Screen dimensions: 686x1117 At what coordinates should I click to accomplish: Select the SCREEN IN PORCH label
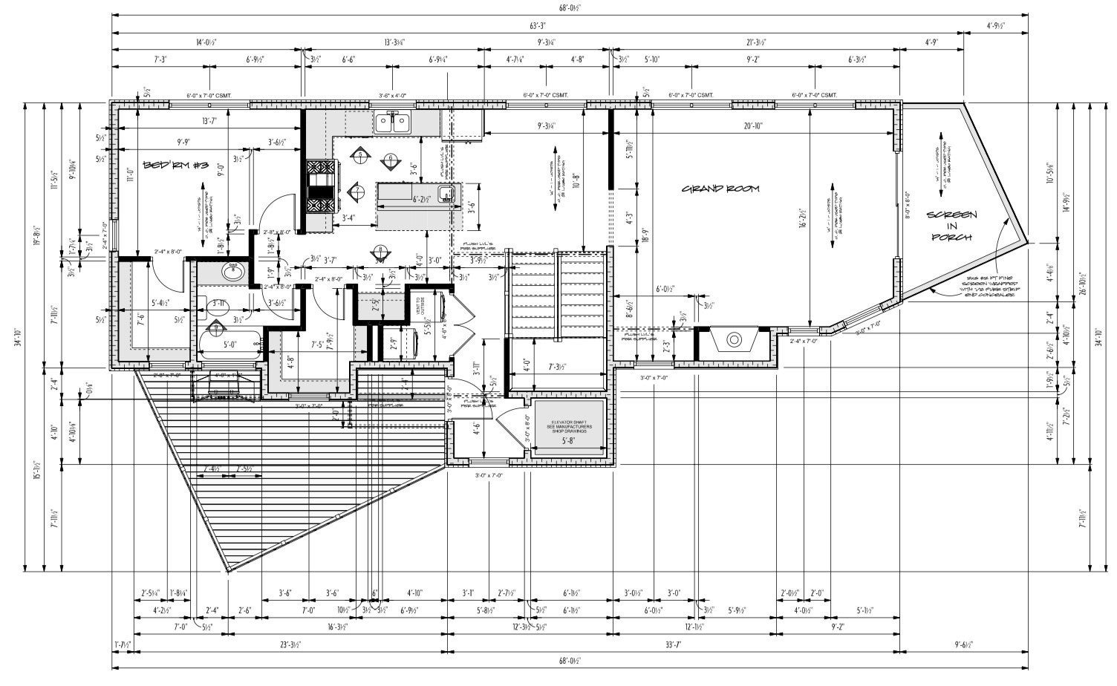[951, 226]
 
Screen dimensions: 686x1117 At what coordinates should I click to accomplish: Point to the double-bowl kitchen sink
[394, 122]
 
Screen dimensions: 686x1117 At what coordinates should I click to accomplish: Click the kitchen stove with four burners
[322, 189]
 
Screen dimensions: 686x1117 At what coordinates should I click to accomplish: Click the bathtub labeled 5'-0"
[229, 345]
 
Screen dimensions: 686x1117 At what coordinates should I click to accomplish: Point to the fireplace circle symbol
[734, 340]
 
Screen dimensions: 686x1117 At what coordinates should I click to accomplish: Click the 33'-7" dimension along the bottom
[674, 644]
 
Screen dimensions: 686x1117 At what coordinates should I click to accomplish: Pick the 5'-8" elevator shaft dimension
[570, 441]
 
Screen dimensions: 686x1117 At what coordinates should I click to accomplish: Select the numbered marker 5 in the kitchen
[362, 154]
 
